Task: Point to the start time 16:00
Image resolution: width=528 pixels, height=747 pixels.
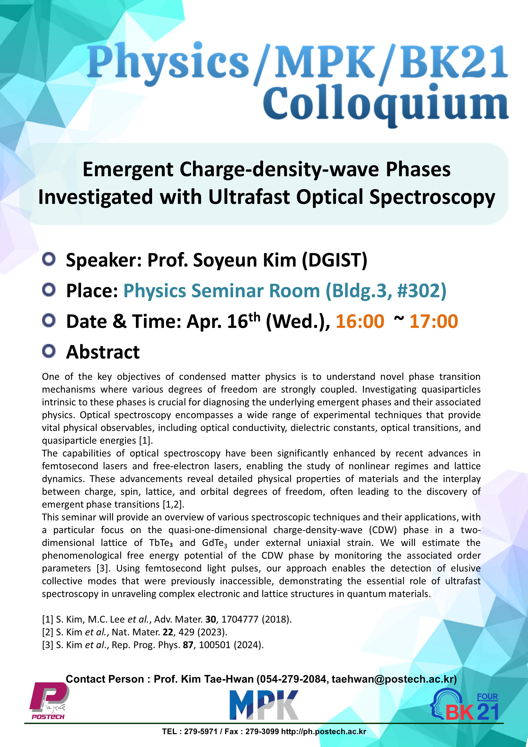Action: pos(360,322)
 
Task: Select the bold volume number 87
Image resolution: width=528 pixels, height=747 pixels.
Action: pos(188,645)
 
